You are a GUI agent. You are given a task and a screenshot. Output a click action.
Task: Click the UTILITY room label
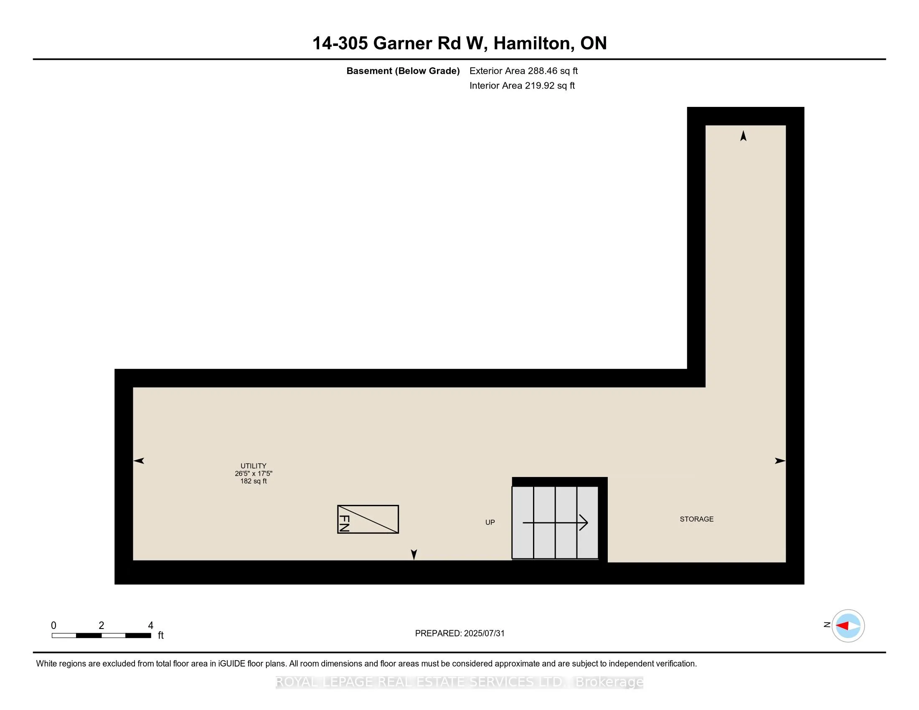[x=253, y=466]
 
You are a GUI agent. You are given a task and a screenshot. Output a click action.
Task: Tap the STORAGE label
[x=696, y=519]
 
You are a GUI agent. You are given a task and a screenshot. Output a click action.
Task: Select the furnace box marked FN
[x=368, y=520]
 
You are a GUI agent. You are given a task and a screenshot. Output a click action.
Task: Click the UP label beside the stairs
[x=490, y=522]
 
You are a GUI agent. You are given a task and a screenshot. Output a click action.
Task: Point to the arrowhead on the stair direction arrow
[x=584, y=522]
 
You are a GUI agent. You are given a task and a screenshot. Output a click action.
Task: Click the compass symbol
[x=848, y=626]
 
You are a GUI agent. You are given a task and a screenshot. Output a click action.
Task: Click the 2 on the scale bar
[x=102, y=626]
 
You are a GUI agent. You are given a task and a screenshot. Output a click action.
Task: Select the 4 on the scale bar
[x=151, y=626]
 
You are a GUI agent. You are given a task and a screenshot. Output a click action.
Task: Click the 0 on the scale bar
[x=53, y=626]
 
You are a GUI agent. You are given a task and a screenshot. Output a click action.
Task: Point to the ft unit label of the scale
[x=161, y=636]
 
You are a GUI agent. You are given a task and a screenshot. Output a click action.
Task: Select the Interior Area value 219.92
[x=540, y=86]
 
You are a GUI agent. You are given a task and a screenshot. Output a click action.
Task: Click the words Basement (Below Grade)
[x=403, y=71]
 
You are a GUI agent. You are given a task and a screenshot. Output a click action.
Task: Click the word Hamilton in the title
[x=533, y=43]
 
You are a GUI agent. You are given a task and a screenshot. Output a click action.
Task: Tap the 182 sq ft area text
[x=253, y=481]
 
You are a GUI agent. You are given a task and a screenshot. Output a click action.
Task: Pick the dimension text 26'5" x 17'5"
[x=253, y=474]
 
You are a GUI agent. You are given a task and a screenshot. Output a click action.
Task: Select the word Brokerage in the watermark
[x=609, y=682]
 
